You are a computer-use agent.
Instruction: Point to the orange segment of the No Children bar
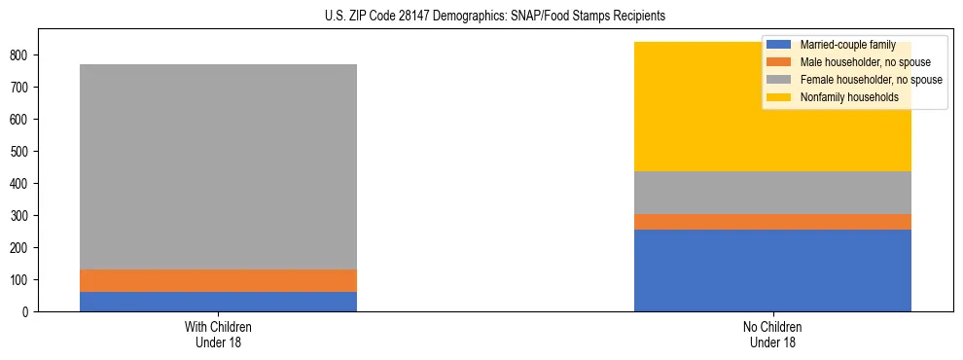click(772, 222)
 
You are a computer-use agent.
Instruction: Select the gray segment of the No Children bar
click(772, 193)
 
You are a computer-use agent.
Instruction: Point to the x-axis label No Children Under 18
click(772, 334)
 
